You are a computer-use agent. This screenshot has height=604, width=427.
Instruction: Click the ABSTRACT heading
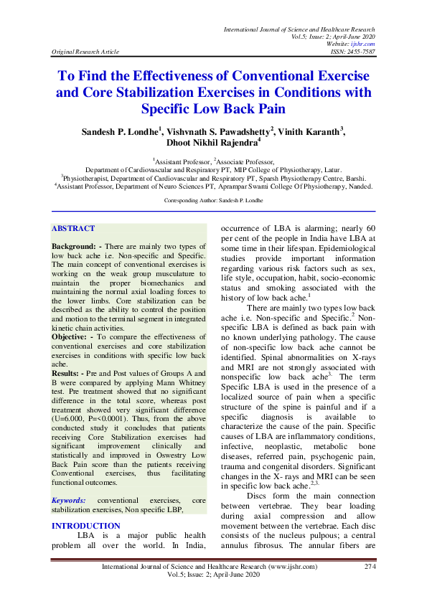(x=73, y=229)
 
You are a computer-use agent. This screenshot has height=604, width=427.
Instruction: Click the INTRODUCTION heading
(x=86, y=526)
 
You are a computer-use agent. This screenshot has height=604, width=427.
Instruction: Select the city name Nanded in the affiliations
(x=356, y=185)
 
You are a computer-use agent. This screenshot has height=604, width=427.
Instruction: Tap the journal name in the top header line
(x=300, y=29)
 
